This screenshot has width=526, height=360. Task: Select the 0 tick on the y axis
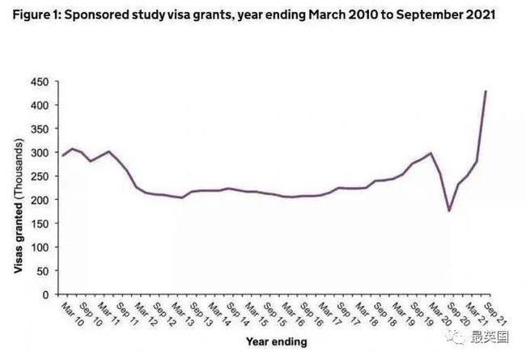point(46,294)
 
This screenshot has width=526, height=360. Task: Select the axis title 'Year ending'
point(277,342)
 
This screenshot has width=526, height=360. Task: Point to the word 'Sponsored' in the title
point(99,15)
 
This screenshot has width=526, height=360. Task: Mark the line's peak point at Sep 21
point(486,91)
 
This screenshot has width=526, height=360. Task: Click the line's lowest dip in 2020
point(449,211)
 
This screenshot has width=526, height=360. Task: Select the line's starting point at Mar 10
point(63,155)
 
